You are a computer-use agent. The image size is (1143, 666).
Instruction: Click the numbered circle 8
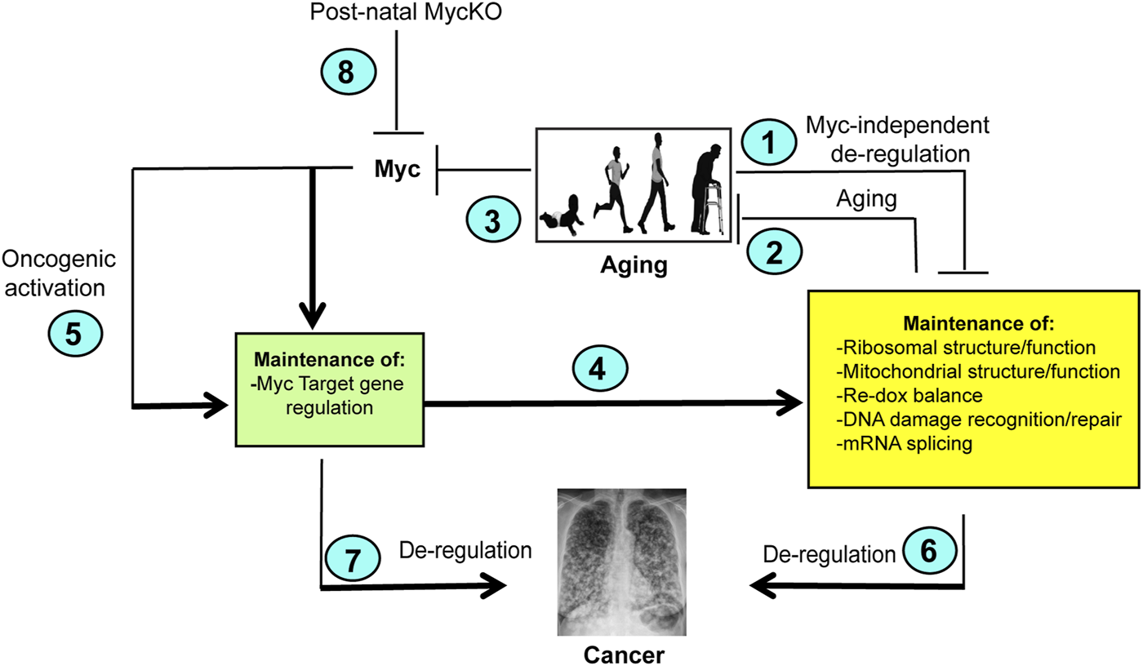346,73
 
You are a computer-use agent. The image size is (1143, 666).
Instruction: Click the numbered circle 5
73,335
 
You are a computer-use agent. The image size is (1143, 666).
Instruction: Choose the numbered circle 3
494,221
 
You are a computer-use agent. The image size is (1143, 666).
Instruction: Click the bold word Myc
400,170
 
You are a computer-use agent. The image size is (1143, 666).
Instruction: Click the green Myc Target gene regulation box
327,388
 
